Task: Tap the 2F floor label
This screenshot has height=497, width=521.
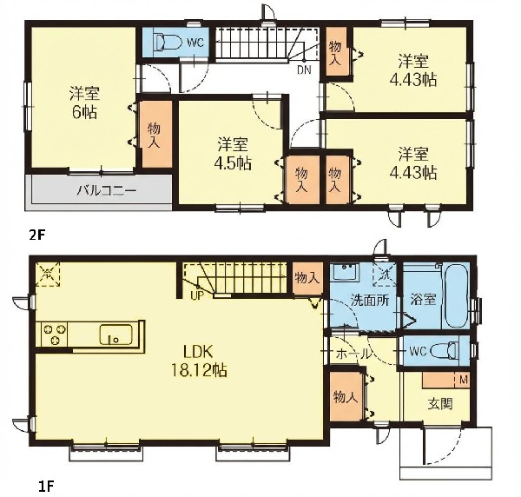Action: [x=36, y=235]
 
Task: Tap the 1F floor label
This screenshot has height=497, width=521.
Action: [x=45, y=487]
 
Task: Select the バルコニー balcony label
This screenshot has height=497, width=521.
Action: [x=107, y=191]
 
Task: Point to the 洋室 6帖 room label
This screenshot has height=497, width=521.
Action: [x=84, y=103]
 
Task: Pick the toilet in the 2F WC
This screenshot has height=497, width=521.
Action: [x=168, y=43]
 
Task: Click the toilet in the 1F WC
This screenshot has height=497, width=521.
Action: [x=445, y=351]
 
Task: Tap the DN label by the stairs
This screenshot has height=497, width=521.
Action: [x=304, y=70]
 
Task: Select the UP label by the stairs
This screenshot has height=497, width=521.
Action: [x=196, y=295]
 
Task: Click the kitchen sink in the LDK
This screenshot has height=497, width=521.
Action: [x=116, y=335]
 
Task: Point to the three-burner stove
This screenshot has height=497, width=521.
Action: [x=54, y=335]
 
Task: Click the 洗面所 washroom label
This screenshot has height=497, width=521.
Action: [x=370, y=301]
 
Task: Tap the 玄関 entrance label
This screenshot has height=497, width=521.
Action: [x=440, y=404]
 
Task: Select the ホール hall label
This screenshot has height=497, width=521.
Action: [x=353, y=354]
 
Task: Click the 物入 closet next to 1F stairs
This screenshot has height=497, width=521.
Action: [x=308, y=277]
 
